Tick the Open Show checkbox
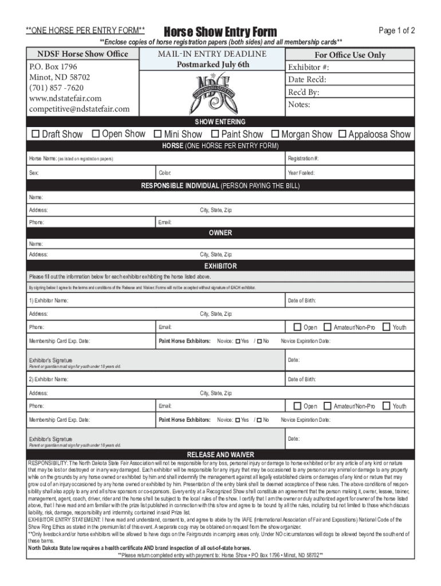coord(94,134)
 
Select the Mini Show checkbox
coord(157,134)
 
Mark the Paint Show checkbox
coord(215,134)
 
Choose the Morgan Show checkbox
coord(275,134)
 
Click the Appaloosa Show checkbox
coord(342,134)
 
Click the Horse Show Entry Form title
coord(220,31)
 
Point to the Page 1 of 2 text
coord(396,30)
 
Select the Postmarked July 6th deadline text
coord(213,65)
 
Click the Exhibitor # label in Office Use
coord(309,68)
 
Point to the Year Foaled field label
coord(301,173)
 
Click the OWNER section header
coord(220,233)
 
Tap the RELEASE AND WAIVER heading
coord(220,455)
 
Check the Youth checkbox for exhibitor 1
coord(387,327)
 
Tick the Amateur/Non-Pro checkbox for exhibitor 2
coord(328,406)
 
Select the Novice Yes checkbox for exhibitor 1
coord(238,342)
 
